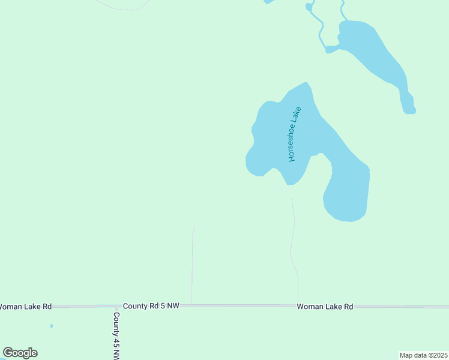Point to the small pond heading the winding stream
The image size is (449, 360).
(x=309, y=7)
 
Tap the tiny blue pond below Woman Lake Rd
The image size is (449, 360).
(x=52, y=326)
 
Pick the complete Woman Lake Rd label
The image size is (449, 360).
(x=325, y=307)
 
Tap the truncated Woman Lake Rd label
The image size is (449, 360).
(x=25, y=307)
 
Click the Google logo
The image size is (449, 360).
(x=20, y=353)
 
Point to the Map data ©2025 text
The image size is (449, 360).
(x=423, y=355)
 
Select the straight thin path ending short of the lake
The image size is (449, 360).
(x=192, y=264)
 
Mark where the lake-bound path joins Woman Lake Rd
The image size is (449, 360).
(x=298, y=306)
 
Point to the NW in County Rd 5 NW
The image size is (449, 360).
(x=173, y=306)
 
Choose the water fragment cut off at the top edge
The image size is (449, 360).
(x=270, y=2)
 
